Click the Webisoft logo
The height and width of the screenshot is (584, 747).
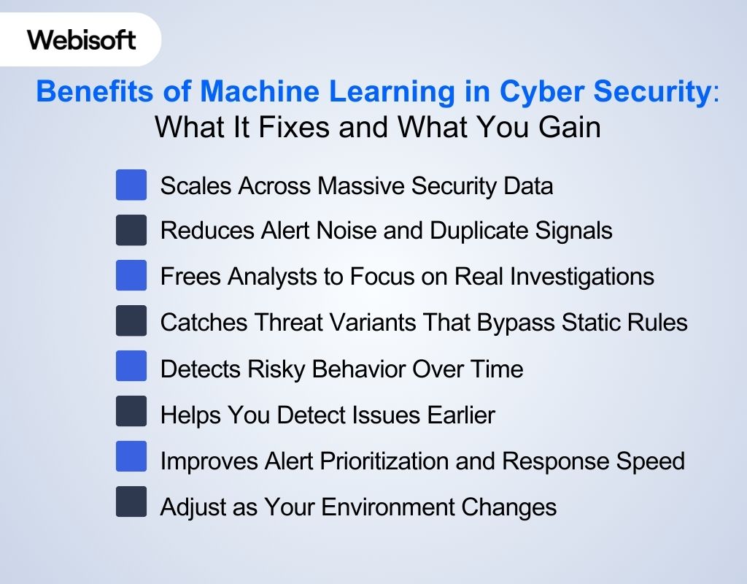point(81,39)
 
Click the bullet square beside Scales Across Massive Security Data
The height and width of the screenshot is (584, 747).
point(131,185)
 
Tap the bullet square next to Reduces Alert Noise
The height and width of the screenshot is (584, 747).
point(131,230)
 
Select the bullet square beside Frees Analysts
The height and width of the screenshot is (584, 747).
point(131,275)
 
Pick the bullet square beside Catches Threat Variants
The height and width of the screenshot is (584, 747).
point(131,321)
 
